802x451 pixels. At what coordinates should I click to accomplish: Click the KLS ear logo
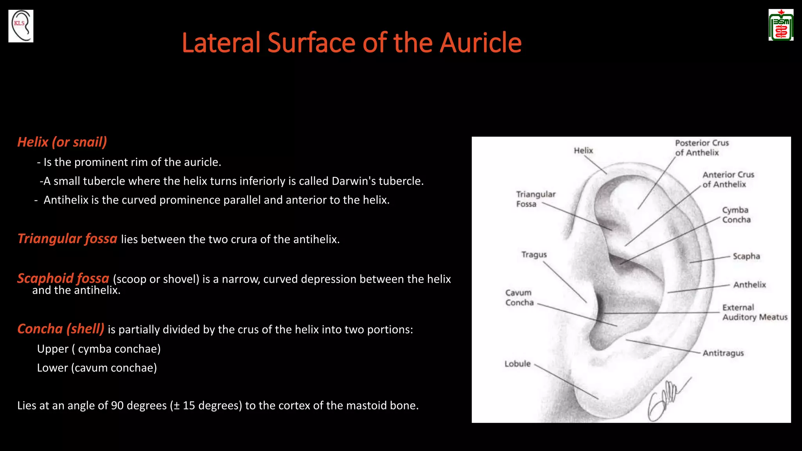[21, 26]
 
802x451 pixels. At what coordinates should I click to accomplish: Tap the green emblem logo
[781, 25]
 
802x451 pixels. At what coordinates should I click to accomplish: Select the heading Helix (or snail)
[62, 142]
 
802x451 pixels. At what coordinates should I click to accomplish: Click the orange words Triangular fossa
[67, 238]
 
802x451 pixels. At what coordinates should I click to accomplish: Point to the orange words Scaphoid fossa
[63, 278]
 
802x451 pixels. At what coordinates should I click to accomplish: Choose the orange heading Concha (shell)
[61, 328]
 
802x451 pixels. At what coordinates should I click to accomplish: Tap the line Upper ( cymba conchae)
[99, 348]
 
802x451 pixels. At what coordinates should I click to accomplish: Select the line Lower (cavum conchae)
[97, 368]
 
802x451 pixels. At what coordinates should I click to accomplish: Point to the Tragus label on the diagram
[534, 254]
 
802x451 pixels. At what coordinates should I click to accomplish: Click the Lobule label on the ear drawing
[517, 364]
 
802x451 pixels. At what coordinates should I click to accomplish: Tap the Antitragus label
[723, 353]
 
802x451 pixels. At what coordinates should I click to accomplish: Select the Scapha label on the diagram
[746, 256]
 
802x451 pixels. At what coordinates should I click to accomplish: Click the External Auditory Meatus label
[755, 312]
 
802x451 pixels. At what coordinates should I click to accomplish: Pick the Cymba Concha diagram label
[736, 215]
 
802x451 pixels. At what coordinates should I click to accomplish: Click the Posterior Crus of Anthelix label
[701, 148]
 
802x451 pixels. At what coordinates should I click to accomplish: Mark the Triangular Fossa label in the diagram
[535, 199]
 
